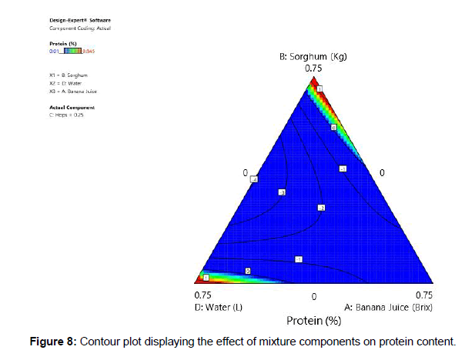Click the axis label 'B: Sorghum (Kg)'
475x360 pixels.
coord(312,57)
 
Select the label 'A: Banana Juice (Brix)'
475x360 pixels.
coord(389,307)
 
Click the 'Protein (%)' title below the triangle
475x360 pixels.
coord(313,320)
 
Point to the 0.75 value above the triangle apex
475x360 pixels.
coord(313,68)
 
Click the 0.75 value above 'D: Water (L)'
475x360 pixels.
coord(203,295)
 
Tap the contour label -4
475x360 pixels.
coord(253,179)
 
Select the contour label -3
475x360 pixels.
coord(282,192)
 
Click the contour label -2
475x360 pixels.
coord(322,208)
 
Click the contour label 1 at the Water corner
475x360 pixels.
coord(206,277)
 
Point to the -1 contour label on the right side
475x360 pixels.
coord(343,168)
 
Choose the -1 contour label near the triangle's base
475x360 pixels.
coord(299,258)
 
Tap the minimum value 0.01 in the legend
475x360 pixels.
coord(53,52)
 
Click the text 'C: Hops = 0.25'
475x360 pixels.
coord(65,114)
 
